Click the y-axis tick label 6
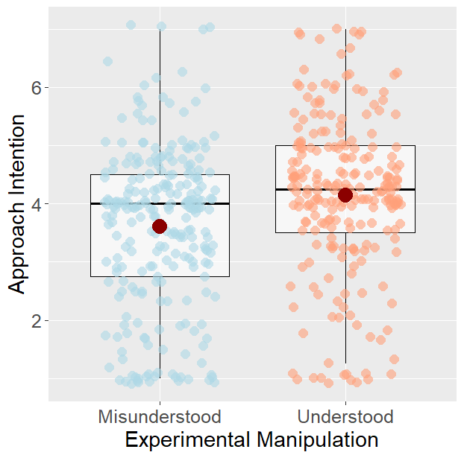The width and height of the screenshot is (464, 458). pos(35,87)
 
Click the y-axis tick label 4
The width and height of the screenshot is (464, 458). pos(35,203)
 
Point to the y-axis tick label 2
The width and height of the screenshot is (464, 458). pos(35,320)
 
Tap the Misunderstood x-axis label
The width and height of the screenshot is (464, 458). pos(159,416)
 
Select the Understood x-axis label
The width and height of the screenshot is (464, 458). pos(345,416)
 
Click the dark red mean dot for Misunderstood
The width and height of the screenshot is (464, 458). pos(160,226)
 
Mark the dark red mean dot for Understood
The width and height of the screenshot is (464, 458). pos(345,194)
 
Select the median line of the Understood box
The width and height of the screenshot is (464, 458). pos(306,189)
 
